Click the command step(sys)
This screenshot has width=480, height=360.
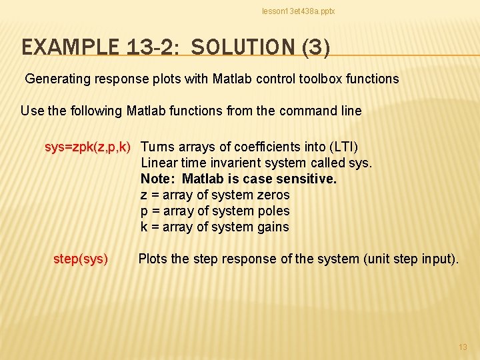point(81,259)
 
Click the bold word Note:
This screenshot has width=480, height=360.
point(159,179)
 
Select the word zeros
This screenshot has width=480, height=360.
point(273,195)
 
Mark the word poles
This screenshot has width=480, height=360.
point(273,211)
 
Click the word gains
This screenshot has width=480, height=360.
point(273,227)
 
